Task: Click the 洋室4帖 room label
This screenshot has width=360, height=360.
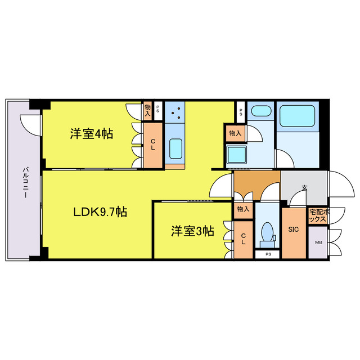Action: (x=91, y=134)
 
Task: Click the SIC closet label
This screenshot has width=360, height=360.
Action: (x=293, y=229)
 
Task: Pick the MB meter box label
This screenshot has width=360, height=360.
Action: (x=318, y=243)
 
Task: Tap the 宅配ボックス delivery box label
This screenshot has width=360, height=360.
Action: (x=317, y=217)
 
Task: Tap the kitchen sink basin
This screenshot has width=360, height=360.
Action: (x=175, y=150)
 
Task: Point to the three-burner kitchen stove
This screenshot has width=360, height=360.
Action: (x=175, y=112)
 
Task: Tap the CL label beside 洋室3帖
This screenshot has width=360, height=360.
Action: (x=243, y=238)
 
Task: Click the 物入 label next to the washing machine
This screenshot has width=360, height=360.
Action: (x=235, y=133)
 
